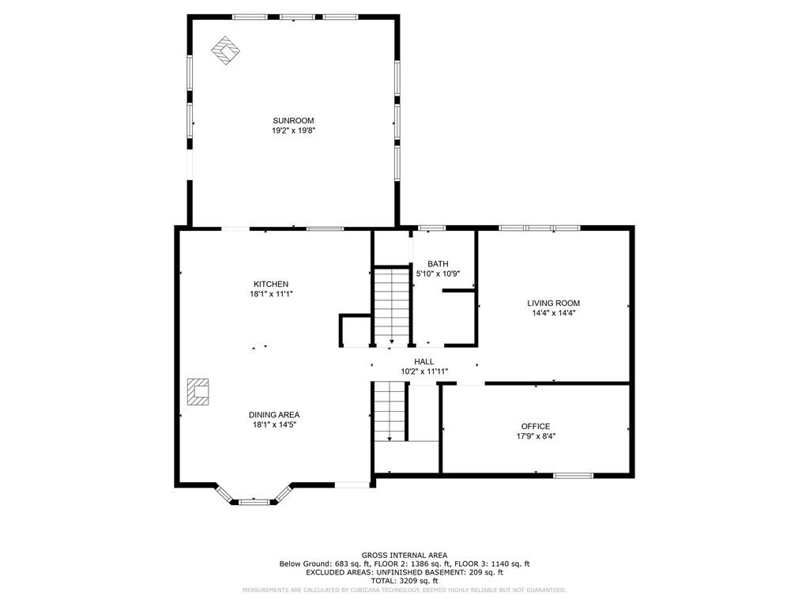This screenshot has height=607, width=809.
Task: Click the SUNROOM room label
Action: [x=293, y=121]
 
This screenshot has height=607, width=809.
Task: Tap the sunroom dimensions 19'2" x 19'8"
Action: [x=293, y=131]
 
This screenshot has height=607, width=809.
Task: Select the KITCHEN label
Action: [x=271, y=284]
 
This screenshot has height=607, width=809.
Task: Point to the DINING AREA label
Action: [x=274, y=414]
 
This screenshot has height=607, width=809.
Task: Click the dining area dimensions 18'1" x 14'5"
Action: [x=274, y=424]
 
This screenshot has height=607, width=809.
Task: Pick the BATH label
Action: [x=438, y=264]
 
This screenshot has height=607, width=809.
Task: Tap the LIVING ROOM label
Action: [x=554, y=303]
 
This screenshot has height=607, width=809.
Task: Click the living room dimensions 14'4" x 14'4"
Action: [x=554, y=313]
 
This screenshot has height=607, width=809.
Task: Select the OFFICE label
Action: [x=536, y=426]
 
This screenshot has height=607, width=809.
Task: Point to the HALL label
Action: [x=424, y=361]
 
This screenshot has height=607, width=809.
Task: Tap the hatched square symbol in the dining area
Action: [x=198, y=391]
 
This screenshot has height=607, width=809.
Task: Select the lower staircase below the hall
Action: [x=389, y=411]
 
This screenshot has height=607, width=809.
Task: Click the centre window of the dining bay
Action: [x=254, y=500]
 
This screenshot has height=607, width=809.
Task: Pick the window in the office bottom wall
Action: [x=573, y=475]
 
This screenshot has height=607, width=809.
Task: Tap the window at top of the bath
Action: [x=431, y=228]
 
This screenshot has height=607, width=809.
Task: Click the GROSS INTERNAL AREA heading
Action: [x=404, y=555]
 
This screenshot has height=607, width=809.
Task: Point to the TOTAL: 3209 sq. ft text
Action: [x=404, y=581]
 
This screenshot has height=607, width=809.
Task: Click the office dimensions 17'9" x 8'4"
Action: [x=536, y=436]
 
